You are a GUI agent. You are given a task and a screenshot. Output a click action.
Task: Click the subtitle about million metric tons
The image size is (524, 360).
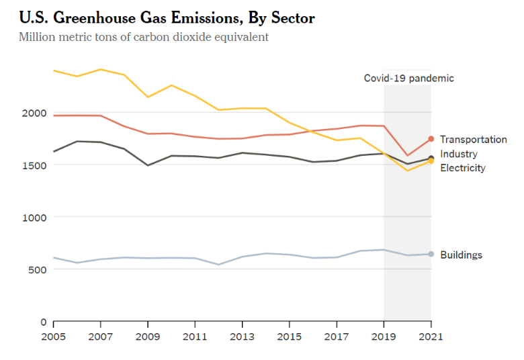tap(144, 36)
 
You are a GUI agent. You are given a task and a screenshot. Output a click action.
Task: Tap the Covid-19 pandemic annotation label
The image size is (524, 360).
tap(408, 78)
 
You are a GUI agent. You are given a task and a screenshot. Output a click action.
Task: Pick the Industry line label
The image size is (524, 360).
tap(459, 154)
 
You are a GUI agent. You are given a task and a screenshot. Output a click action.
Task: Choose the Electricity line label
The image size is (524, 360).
tap(462, 168)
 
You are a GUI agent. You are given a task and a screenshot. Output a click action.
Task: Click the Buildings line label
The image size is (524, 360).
tap(461, 255)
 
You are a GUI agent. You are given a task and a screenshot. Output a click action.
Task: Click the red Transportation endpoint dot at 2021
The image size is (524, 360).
tap(431, 139)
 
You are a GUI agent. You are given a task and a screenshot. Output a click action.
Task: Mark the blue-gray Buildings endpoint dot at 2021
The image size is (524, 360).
tap(431, 254)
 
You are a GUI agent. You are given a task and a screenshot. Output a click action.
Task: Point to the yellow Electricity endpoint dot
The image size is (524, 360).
tap(431, 161)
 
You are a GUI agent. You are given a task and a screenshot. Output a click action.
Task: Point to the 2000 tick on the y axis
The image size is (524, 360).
tap(31, 113)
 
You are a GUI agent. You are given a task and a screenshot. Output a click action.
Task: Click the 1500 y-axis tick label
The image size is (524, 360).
tap(31, 165)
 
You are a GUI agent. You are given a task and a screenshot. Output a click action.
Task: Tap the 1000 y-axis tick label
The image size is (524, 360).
tap(31, 218)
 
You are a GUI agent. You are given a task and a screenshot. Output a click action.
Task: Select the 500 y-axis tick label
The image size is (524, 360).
tap(34, 269)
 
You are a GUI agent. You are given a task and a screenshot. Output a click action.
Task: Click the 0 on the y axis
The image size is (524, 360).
tap(42, 322)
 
